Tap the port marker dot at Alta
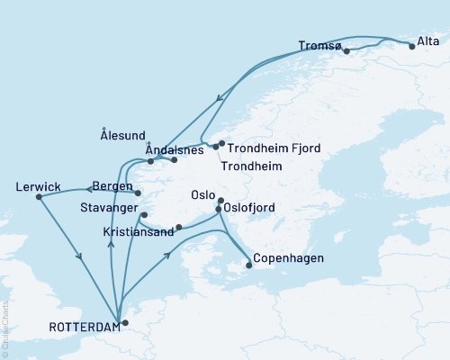pyautogui.click(x=412, y=46)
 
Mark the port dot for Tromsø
pyautogui.click(x=346, y=51)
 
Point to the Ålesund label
pyautogui.click(x=121, y=136)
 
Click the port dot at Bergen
pyautogui.click(x=138, y=193)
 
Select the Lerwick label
pyautogui.click(x=39, y=187)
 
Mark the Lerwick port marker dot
pyautogui.click(x=39, y=198)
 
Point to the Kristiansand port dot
pyautogui.click(x=179, y=227)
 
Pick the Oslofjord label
pyautogui.click(x=252, y=209)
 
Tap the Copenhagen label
pyautogui.click(x=288, y=258)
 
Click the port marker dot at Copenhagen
pyautogui.click(x=249, y=265)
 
